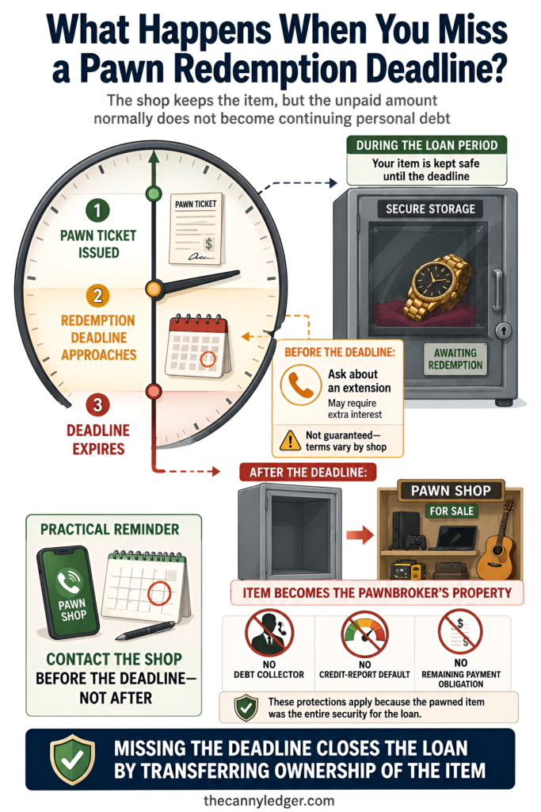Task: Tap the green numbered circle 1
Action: [97, 211]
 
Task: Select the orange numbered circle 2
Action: [97, 296]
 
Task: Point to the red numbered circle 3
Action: [97, 405]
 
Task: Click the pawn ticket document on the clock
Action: [196, 228]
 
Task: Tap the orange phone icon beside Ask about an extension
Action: [300, 385]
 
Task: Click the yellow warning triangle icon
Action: [290, 440]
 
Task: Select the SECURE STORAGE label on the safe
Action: [430, 209]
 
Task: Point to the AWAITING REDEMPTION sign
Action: [455, 359]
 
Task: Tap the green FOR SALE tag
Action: [451, 511]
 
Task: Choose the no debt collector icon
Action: [269, 633]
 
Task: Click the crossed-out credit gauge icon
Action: [364, 633]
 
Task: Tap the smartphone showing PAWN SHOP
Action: [69, 593]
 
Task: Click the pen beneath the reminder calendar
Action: [145, 630]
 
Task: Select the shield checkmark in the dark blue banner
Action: [72, 760]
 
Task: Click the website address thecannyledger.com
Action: [269, 801]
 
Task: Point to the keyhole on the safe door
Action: [503, 330]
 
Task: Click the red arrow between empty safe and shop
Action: [360, 535]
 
